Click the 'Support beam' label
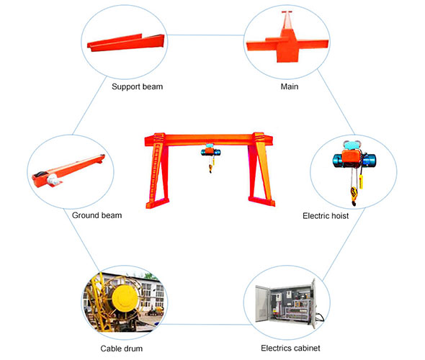[x=137, y=86]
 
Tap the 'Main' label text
[x=289, y=86]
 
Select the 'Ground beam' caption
[x=97, y=215]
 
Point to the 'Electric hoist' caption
[x=326, y=216]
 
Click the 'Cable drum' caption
[x=122, y=348]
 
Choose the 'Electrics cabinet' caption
[x=290, y=348]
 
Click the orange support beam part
[x=126, y=42]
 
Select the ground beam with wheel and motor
[x=68, y=171]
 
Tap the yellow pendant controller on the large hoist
[x=361, y=181]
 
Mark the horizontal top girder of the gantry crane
[x=209, y=140]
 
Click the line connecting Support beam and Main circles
[x=205, y=35]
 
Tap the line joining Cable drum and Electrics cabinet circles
[x=207, y=324]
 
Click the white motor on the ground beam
[x=53, y=179]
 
